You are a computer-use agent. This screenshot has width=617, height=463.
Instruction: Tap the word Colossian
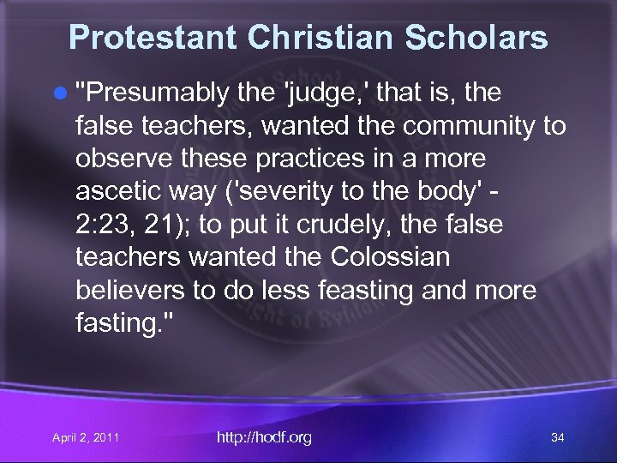click(x=402, y=258)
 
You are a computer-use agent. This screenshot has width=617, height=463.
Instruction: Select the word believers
click(x=130, y=291)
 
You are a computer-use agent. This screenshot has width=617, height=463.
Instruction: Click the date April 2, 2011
click(x=86, y=439)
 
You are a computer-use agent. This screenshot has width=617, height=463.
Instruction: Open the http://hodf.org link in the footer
click(x=264, y=438)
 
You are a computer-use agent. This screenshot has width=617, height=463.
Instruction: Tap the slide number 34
click(x=557, y=438)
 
